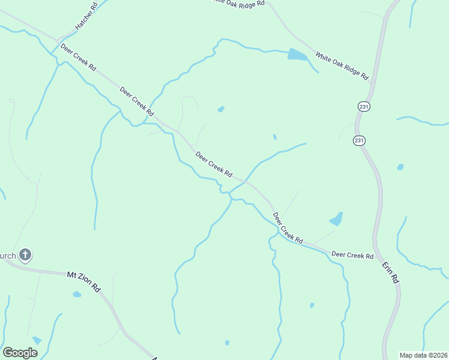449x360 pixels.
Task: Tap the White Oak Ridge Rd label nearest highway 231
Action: tap(342, 66)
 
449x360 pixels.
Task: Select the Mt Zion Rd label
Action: tap(83, 280)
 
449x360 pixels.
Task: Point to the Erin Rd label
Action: tap(391, 271)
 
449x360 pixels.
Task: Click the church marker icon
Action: tap(25, 255)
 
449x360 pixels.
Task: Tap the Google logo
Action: tap(20, 353)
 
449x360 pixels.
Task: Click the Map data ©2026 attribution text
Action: tap(423, 355)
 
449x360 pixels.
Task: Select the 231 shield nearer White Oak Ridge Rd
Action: tap(364, 106)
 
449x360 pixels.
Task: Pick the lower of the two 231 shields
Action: tap(359, 140)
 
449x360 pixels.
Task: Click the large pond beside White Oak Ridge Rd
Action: tap(297, 56)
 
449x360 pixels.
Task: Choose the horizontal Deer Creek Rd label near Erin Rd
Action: tap(352, 255)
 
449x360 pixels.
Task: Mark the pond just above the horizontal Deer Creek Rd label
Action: tap(337, 219)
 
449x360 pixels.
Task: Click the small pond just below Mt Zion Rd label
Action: tap(77, 295)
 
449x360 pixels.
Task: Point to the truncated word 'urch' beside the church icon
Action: tap(8, 256)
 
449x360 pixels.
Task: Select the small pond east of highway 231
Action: tap(400, 167)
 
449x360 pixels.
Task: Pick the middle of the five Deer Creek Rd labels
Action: tap(214, 164)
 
